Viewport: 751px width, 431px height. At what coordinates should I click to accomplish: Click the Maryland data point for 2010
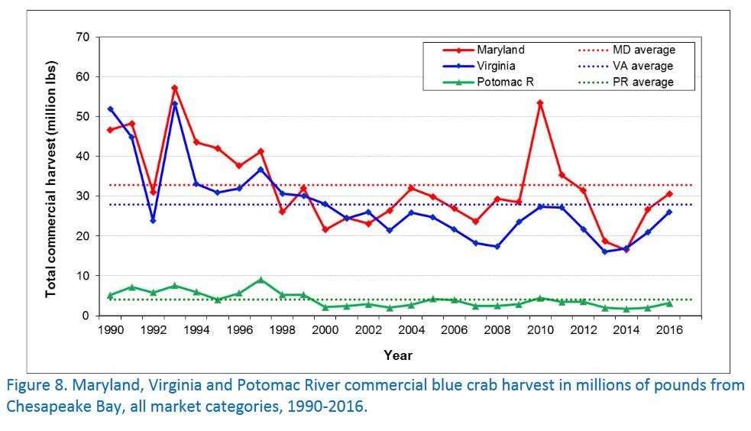point(541,102)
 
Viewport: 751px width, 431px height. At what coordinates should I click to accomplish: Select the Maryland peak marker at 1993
point(175,88)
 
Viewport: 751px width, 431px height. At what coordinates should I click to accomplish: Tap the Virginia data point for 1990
point(110,109)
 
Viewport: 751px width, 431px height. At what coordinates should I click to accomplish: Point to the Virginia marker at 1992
point(154,220)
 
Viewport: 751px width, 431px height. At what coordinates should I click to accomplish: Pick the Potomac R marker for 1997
point(261,280)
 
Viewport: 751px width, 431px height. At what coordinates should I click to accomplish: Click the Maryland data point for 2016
point(670,193)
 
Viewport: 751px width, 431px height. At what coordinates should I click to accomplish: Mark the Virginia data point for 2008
point(497,246)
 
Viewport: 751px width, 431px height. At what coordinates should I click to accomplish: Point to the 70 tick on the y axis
point(83,37)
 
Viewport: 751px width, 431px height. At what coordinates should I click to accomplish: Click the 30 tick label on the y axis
point(83,196)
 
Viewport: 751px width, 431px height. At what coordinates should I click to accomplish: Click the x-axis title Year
point(397,355)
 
